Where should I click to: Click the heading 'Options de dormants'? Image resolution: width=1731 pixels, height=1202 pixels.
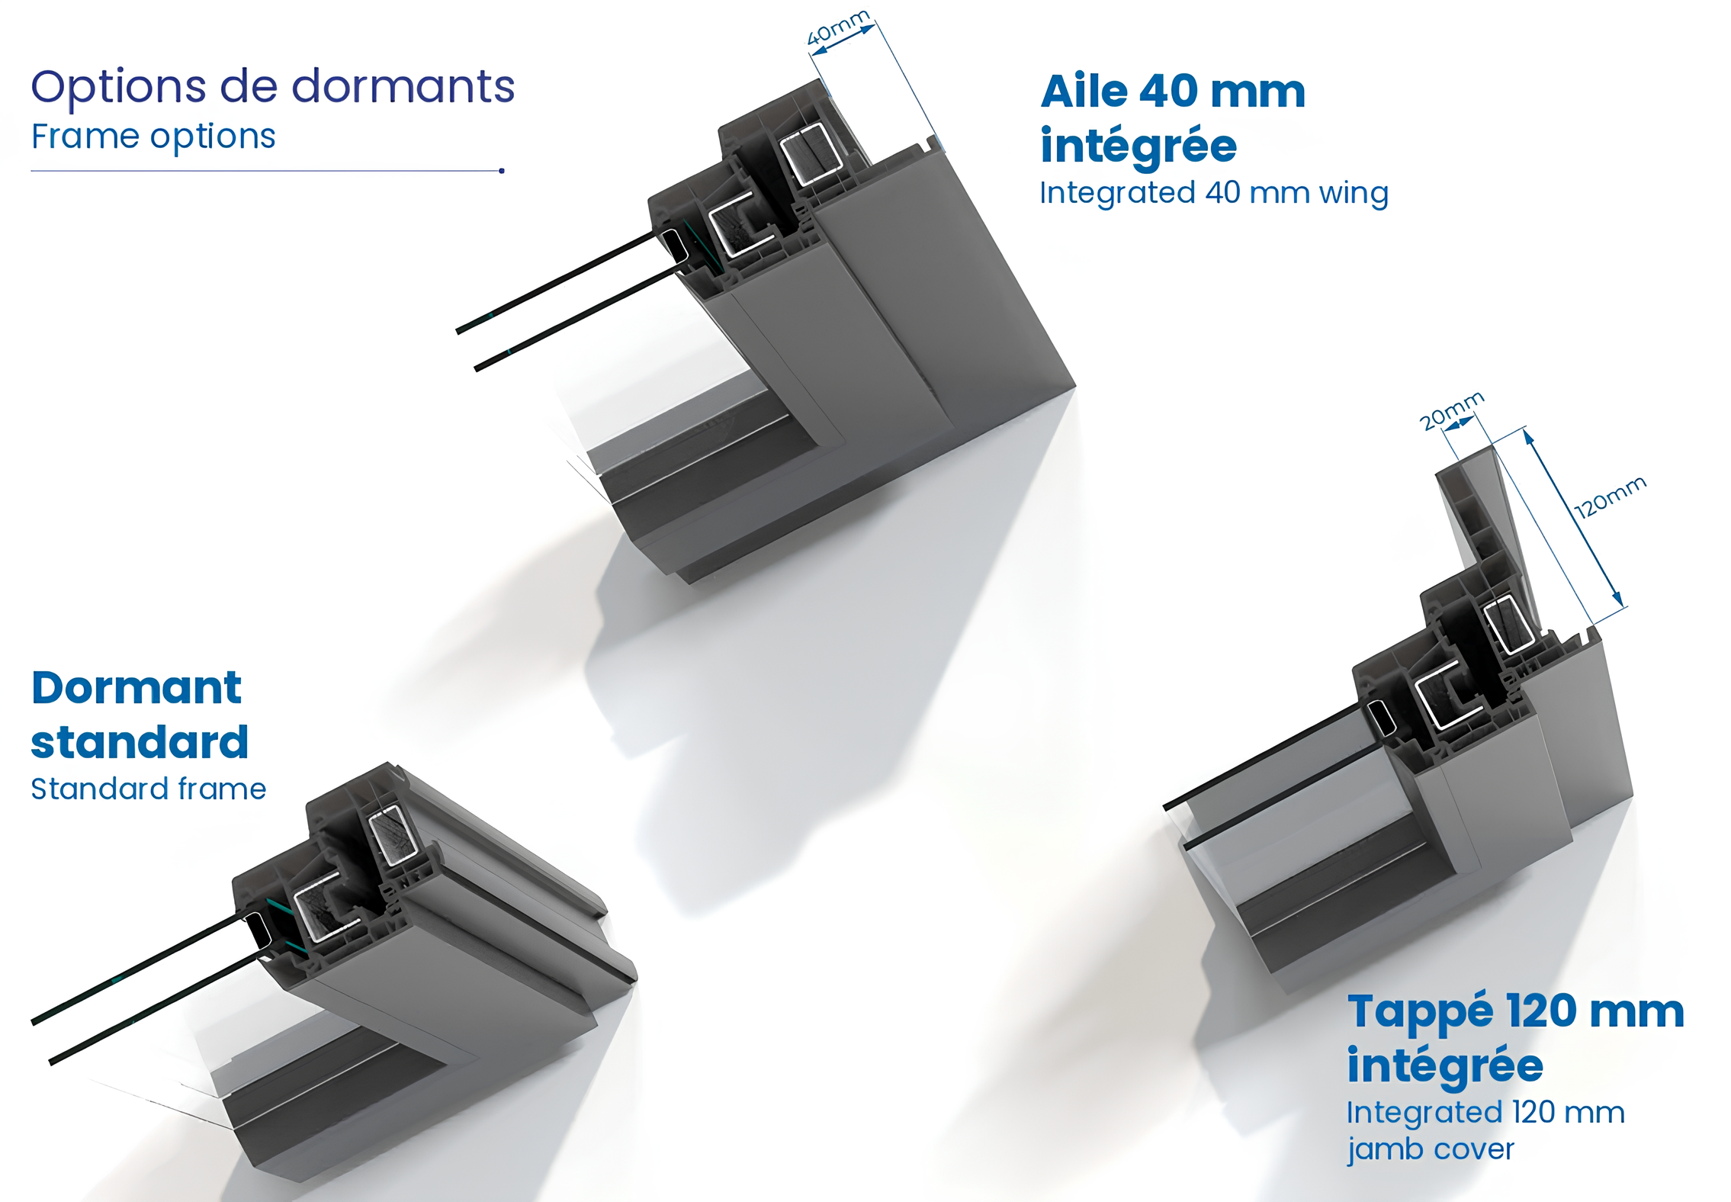(x=272, y=87)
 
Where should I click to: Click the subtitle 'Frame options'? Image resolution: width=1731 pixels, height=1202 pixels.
(x=153, y=137)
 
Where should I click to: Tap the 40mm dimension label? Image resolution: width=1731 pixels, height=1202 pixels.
(x=837, y=27)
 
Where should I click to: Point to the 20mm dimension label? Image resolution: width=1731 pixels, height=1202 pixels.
(x=1451, y=411)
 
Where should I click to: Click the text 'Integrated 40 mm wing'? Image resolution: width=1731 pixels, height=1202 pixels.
(x=1213, y=193)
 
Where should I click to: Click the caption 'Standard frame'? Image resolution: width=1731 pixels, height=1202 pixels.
(x=149, y=789)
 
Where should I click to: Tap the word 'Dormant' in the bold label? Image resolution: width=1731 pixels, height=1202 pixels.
(x=136, y=688)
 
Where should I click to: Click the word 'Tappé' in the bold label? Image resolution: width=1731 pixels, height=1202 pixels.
(x=1420, y=1012)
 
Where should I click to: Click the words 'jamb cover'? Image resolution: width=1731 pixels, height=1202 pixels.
(x=1430, y=1149)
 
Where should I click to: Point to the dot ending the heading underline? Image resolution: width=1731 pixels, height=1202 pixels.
(x=502, y=171)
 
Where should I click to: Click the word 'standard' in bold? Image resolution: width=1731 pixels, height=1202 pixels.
(x=140, y=742)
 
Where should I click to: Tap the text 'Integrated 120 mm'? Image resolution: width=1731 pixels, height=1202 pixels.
(x=1485, y=1113)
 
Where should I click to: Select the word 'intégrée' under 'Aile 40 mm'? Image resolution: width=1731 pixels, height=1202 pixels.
(x=1138, y=146)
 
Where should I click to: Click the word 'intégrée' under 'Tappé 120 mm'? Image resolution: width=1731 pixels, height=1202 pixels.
(x=1444, y=1065)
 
